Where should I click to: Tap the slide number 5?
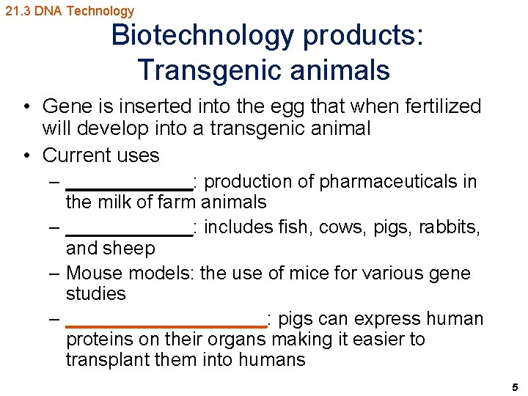[515, 386]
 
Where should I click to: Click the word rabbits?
[450, 227]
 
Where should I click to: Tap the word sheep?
[130, 249]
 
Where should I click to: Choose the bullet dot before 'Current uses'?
[26, 155]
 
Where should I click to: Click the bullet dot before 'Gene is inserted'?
[26, 106]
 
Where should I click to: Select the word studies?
[95, 293]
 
